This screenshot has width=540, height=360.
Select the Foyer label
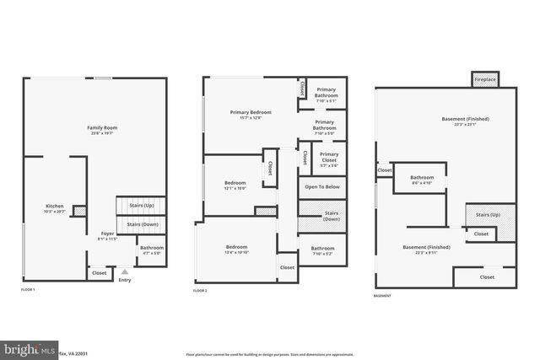coord(107,236)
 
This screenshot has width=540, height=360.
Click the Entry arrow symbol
coord(125,272)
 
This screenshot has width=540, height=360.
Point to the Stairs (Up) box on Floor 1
coord(142,205)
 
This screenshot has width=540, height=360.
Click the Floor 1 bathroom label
coord(152,250)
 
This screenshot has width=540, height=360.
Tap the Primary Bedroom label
coord(251,115)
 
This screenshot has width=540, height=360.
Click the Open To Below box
coord(322,187)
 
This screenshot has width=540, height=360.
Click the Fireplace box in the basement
coord(484,79)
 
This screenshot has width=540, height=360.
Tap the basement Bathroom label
coord(422,180)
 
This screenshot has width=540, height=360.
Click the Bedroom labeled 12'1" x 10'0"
coord(235,185)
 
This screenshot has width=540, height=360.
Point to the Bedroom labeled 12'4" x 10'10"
coord(235,250)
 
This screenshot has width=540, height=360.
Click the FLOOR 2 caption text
coord(200,290)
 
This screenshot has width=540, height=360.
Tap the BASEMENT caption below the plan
coord(382,297)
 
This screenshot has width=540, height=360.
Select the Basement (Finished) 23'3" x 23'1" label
coord(465,121)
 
